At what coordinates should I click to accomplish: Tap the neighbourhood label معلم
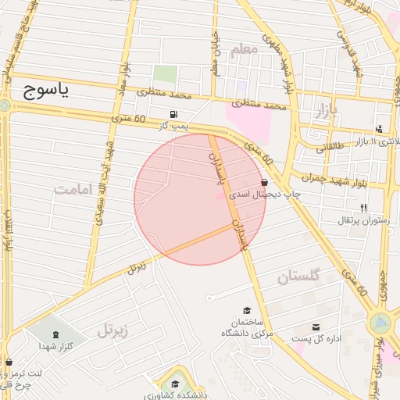click(244, 49)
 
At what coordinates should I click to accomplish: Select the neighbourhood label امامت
click(73, 189)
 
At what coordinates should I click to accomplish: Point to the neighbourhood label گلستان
click(299, 277)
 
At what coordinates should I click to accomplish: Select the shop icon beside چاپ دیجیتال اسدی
click(266, 182)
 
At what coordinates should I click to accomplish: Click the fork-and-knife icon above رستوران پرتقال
click(363, 207)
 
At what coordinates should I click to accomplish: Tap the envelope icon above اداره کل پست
click(316, 327)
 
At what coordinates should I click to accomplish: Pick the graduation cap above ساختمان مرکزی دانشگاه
click(248, 309)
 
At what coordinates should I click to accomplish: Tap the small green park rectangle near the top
click(164, 74)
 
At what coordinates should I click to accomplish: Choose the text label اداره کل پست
click(314, 339)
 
